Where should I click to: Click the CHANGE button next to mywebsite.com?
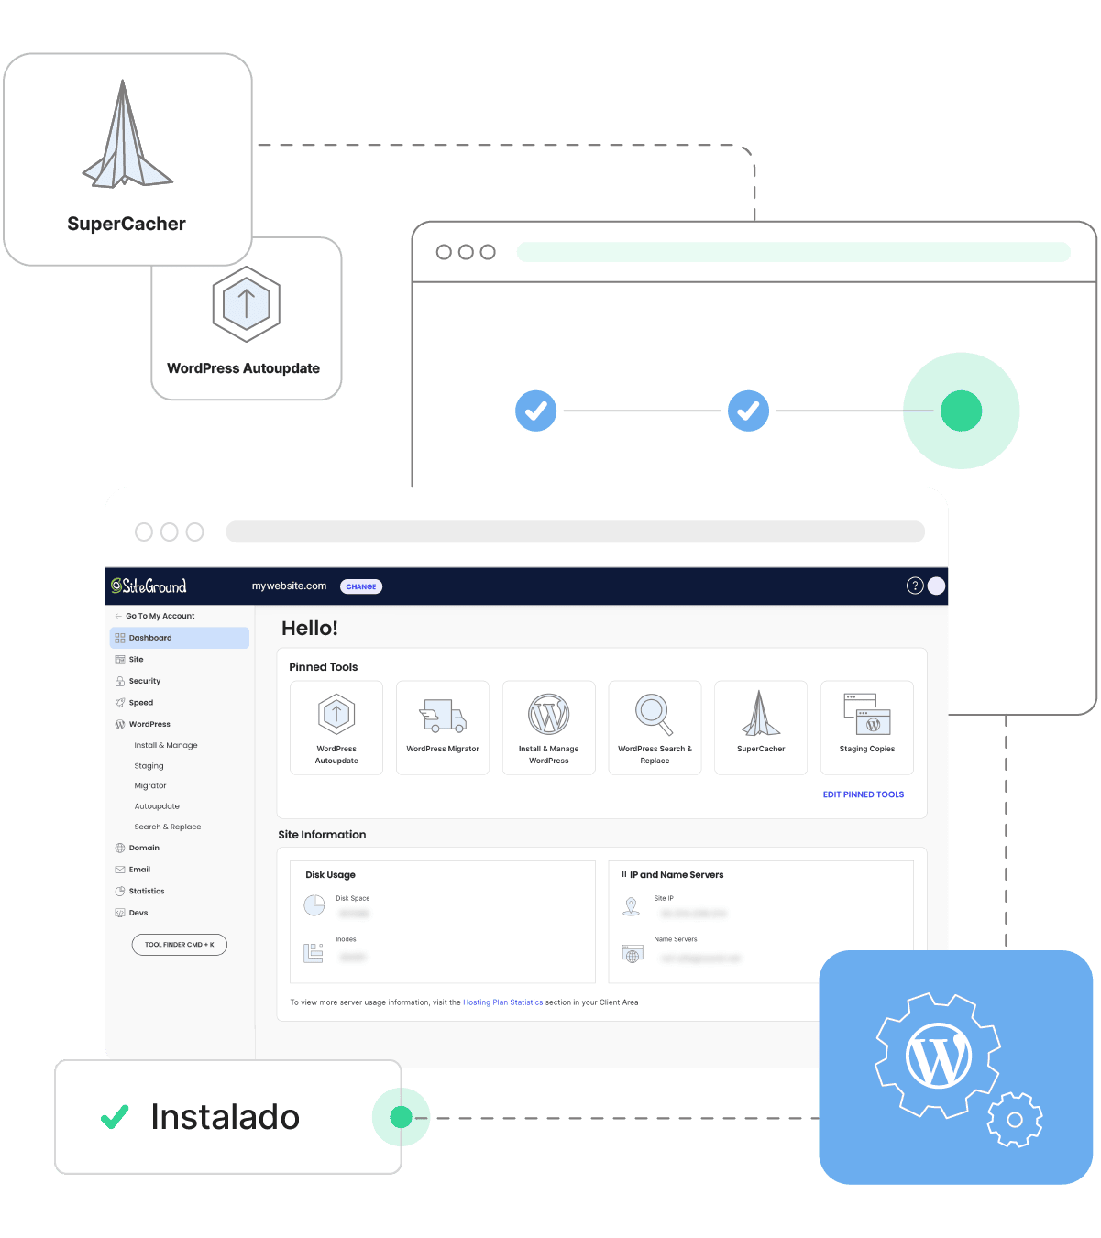click(361, 586)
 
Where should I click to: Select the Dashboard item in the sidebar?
click(150, 638)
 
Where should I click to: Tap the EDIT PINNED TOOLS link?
click(863, 794)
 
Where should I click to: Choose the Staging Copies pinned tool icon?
click(867, 714)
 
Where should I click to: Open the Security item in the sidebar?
click(144, 681)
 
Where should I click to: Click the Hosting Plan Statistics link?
click(502, 1002)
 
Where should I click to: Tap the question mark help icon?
click(914, 586)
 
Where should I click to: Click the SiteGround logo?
click(149, 586)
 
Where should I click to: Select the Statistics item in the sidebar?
click(147, 891)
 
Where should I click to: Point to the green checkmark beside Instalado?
click(115, 1117)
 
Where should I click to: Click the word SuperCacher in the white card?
click(127, 224)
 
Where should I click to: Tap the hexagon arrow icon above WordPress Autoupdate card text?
click(246, 303)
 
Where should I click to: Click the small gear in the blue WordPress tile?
click(1015, 1119)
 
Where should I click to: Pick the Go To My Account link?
click(160, 616)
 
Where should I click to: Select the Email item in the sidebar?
click(139, 870)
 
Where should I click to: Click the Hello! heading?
click(310, 629)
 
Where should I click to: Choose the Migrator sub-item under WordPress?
click(150, 786)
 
